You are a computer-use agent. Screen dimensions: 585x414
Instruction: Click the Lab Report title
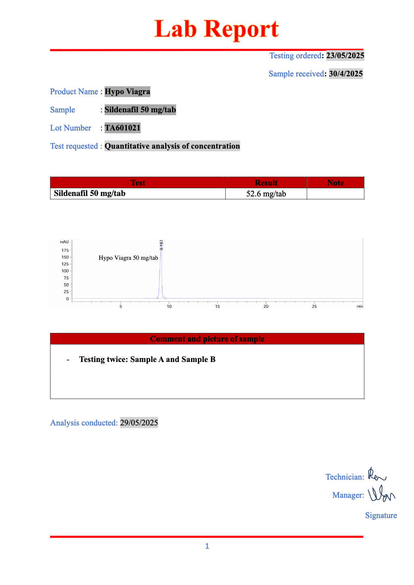coord(216,29)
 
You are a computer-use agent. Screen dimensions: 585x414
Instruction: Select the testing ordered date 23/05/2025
coord(345,56)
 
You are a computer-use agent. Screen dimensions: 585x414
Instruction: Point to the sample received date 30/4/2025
coord(346,74)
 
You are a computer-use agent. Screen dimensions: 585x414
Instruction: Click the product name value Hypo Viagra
coord(127,92)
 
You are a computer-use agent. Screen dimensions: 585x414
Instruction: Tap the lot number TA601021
coord(122,128)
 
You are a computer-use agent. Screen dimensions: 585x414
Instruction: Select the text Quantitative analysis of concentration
coord(172,146)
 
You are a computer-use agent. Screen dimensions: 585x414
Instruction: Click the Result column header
coord(266,183)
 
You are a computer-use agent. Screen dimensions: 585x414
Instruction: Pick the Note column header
coord(335,183)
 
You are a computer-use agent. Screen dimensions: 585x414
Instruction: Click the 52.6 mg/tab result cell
coord(266,194)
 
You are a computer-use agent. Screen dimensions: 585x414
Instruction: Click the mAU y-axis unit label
coord(64,242)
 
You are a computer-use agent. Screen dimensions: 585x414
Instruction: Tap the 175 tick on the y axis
coord(65,250)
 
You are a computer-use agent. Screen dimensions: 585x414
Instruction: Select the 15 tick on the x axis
coord(217,307)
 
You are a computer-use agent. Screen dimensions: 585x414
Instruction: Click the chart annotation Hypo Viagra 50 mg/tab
coord(128,258)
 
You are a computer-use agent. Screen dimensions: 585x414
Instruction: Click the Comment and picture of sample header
coord(207,339)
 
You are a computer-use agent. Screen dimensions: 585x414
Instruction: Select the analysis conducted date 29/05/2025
coord(139,423)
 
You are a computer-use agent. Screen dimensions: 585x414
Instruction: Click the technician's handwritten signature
coord(377,475)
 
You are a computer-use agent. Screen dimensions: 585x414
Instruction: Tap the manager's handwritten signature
coord(381,494)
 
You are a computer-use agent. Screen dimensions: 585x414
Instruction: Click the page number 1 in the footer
coord(207,546)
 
